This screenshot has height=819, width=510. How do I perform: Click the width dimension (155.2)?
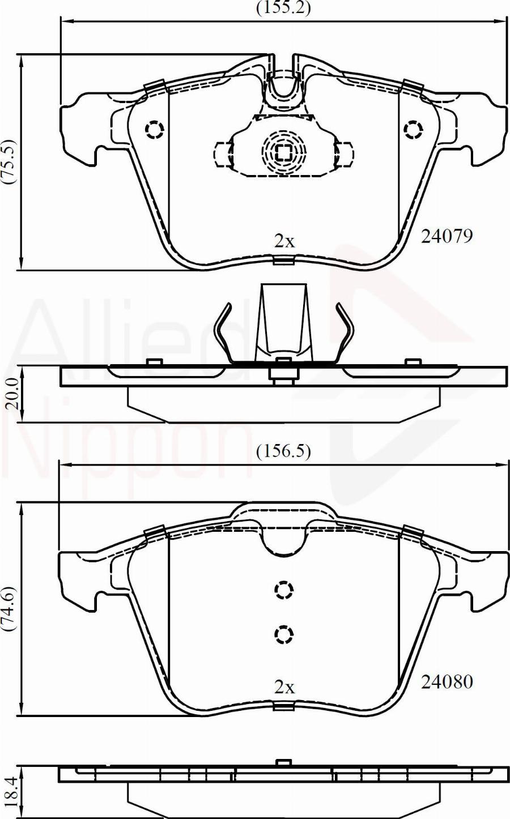coord(283,8)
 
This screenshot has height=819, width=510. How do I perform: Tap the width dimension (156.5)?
coord(283,452)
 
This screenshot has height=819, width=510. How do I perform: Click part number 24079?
coord(447,236)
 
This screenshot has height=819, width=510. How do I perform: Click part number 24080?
coord(447,682)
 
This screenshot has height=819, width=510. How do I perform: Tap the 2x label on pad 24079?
coord(284,241)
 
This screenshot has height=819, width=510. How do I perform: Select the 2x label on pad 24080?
coord(284,688)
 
